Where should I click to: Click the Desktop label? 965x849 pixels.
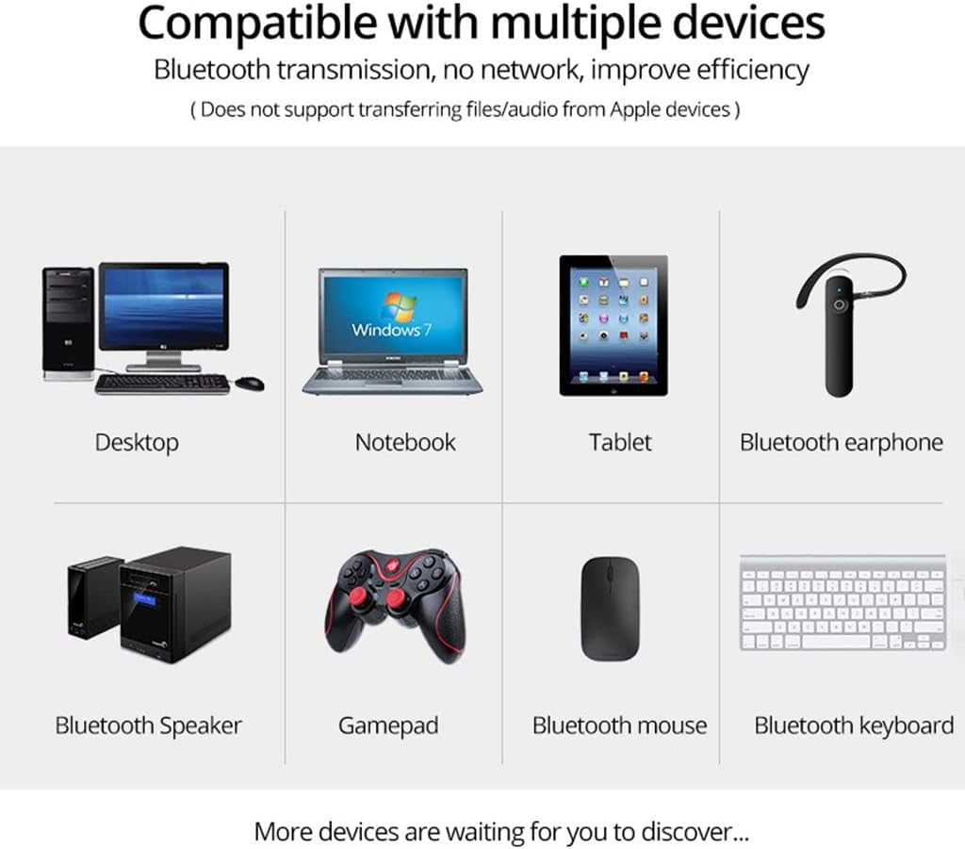(137, 442)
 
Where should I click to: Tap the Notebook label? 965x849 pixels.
(405, 442)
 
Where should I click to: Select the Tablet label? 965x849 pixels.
(620, 442)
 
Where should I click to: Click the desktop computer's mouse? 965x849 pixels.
(250, 384)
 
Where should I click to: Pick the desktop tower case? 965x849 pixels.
(68, 323)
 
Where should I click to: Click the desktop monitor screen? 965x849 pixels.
(164, 306)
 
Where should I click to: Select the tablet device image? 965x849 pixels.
(613, 324)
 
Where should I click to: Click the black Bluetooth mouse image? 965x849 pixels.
(610, 608)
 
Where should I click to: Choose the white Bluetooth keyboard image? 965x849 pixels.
(842, 603)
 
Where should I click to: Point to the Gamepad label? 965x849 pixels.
(388, 726)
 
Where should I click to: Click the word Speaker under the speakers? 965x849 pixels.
(200, 726)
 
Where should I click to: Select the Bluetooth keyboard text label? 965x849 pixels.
(854, 726)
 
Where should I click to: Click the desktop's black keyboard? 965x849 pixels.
(162, 384)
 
